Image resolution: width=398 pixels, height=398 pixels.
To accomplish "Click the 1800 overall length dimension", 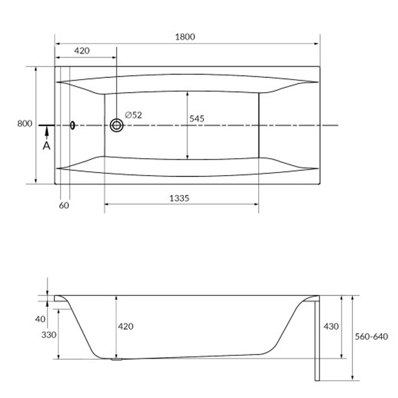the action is (x=185, y=37).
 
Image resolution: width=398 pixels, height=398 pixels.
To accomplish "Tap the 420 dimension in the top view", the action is (x=82, y=51).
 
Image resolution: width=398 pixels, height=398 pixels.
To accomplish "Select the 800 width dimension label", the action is (x=24, y=123).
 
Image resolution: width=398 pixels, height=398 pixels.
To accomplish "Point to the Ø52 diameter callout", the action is (x=133, y=115).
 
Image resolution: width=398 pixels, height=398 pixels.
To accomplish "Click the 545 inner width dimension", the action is (x=197, y=119).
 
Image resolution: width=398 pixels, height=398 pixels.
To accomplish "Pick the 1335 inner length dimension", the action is (x=179, y=198).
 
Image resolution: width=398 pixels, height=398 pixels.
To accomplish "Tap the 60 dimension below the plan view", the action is (x=64, y=205).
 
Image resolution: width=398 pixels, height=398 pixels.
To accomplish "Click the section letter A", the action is (x=46, y=146).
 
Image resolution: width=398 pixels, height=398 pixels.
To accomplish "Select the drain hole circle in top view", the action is (x=117, y=125).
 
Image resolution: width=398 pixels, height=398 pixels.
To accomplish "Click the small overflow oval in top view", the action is (x=73, y=125).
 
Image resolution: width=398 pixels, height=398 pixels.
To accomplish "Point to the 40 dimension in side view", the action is (x=40, y=319).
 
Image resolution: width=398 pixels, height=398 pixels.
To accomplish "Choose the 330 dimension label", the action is (x=49, y=335).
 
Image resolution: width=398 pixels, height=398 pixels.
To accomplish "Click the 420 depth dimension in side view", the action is (x=126, y=326).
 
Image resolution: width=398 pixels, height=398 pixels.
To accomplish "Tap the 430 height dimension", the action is (x=331, y=326).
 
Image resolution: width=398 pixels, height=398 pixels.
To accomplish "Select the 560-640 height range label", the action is (x=371, y=337).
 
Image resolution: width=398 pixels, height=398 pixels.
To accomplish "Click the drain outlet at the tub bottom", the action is (x=117, y=359).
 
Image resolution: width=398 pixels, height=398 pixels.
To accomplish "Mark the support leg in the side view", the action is (x=317, y=341).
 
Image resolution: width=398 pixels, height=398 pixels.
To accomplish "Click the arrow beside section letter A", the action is (x=46, y=133).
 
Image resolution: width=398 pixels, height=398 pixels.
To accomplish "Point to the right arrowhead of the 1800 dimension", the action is (x=316, y=44).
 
